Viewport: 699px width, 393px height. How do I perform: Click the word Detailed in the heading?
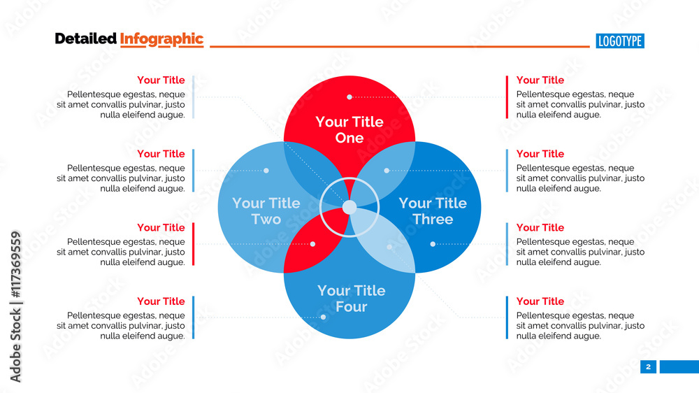(85, 39)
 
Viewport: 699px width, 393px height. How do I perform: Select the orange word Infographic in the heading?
(161, 39)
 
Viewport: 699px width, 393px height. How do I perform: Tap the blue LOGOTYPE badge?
(620, 41)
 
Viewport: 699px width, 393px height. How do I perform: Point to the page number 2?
(648, 366)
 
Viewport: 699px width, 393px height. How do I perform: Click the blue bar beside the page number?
(679, 366)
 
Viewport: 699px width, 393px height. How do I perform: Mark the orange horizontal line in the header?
(399, 47)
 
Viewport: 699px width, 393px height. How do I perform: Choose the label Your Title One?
(349, 129)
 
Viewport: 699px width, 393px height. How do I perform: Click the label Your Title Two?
(266, 211)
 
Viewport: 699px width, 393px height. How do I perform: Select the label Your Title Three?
(433, 211)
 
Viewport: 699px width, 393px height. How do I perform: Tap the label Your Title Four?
(351, 299)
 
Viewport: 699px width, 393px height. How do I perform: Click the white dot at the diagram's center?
(349, 207)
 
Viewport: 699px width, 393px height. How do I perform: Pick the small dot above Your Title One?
(349, 97)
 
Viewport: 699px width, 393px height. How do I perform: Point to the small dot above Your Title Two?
(266, 170)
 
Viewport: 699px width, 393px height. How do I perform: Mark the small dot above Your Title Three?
(386, 170)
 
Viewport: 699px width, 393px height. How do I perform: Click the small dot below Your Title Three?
(433, 244)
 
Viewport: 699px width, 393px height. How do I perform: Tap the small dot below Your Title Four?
(323, 317)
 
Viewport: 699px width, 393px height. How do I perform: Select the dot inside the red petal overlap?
(312, 244)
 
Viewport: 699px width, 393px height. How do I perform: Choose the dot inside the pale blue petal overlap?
(389, 247)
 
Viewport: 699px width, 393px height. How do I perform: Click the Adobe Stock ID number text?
(15, 307)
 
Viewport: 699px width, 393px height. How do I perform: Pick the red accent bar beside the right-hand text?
(507, 97)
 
